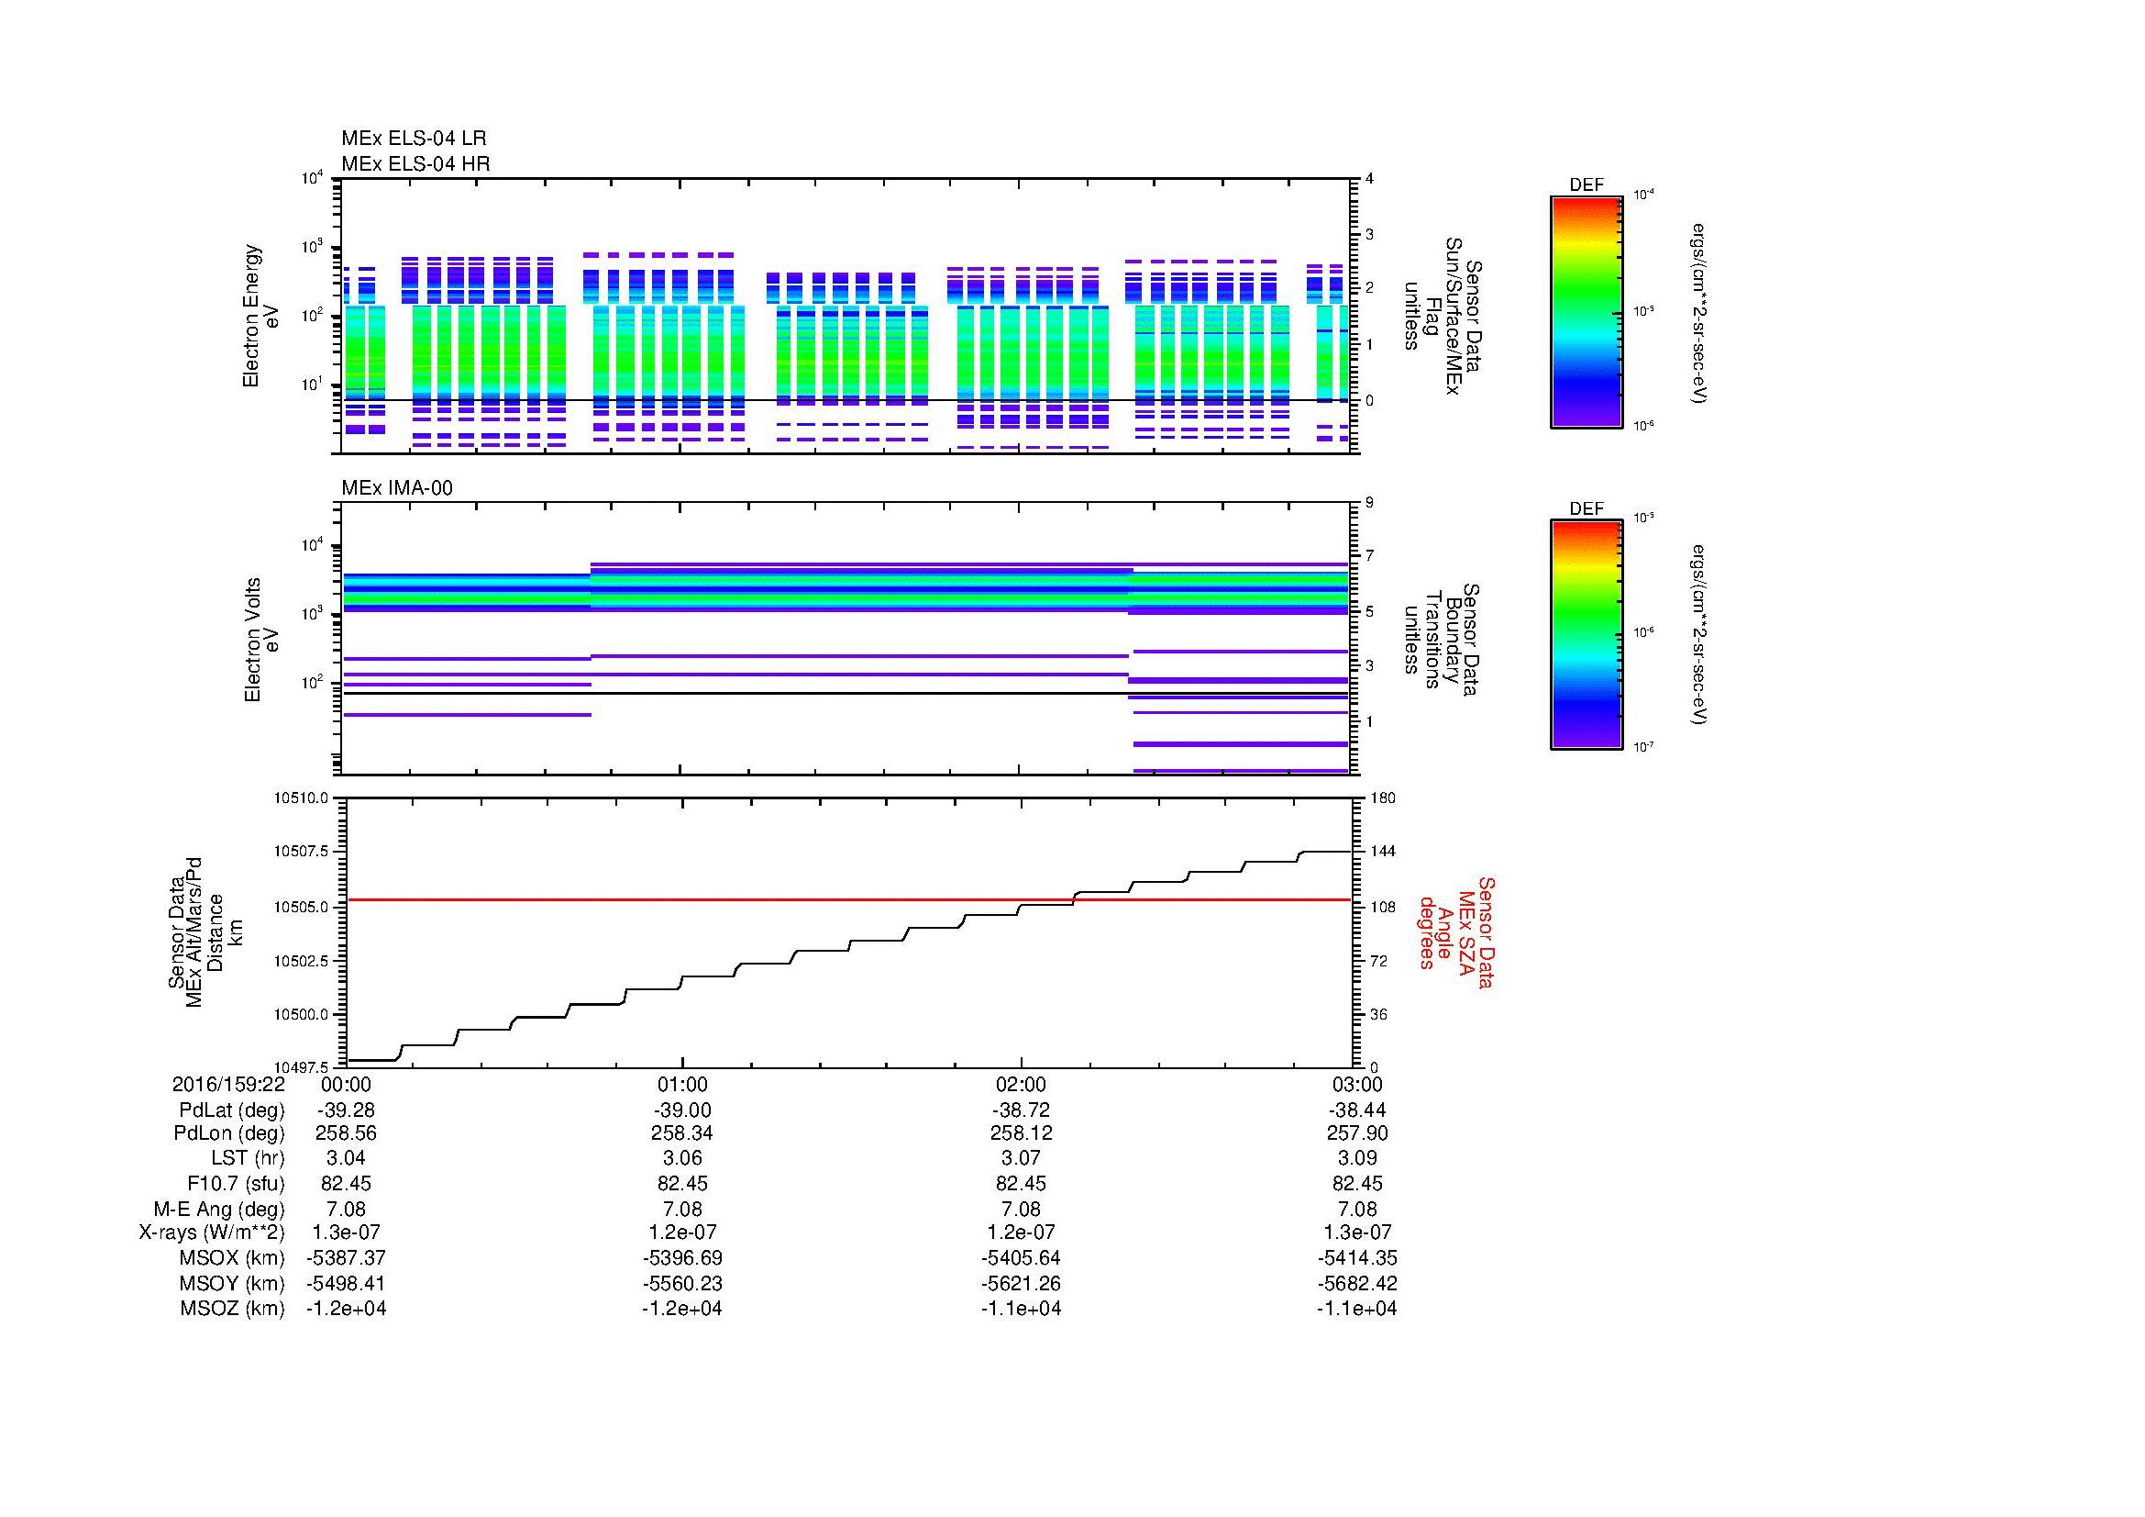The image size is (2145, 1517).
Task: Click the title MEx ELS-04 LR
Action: (413, 139)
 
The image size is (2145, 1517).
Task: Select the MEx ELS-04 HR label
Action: (415, 163)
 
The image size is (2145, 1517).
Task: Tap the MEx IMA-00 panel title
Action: (396, 488)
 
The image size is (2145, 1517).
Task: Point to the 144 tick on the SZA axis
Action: (1383, 852)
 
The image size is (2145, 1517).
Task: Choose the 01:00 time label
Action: (683, 1084)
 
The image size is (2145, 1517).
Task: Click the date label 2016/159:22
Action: (228, 1084)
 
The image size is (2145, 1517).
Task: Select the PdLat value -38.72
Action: (1020, 1110)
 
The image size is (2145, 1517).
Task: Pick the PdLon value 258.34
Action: (682, 1133)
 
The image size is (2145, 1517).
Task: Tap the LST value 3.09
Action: (1357, 1158)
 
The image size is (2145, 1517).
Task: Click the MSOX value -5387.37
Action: (346, 1258)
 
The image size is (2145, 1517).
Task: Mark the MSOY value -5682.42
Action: (1357, 1283)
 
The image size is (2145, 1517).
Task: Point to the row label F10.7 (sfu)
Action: (236, 1183)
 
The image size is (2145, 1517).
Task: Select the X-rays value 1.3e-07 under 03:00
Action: (1357, 1233)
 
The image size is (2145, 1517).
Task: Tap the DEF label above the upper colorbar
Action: (1587, 185)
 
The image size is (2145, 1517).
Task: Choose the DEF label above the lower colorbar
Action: (1587, 508)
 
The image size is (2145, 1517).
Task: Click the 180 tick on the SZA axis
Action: (1383, 798)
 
